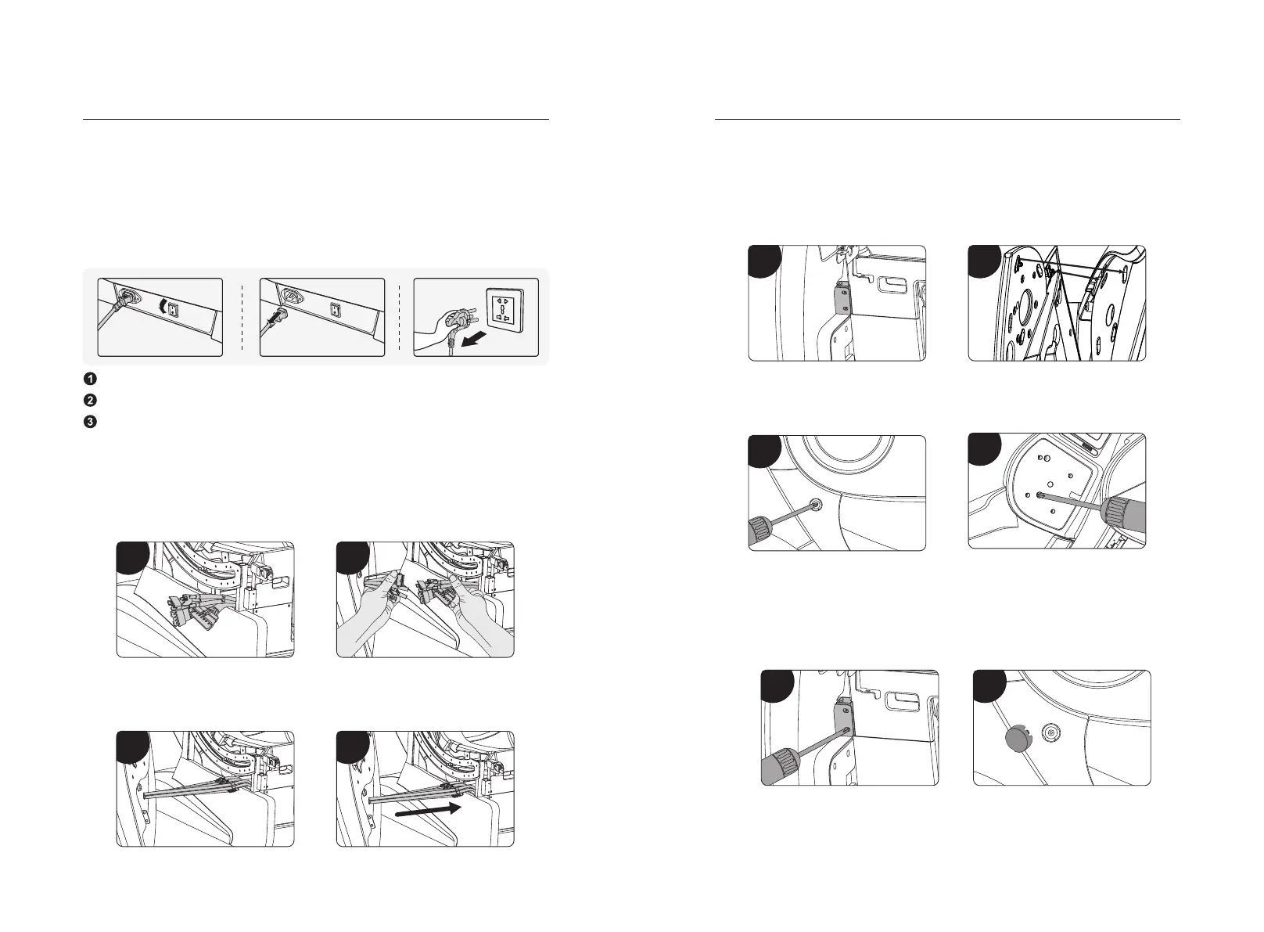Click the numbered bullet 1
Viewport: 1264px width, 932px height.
click(x=90, y=379)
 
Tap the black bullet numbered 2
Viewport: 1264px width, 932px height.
click(x=90, y=400)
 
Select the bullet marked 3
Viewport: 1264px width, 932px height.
click(x=90, y=422)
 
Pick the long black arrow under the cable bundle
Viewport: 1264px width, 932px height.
click(x=429, y=811)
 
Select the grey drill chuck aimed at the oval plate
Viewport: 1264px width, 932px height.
click(x=1126, y=511)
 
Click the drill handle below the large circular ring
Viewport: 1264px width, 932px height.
click(x=767, y=531)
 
